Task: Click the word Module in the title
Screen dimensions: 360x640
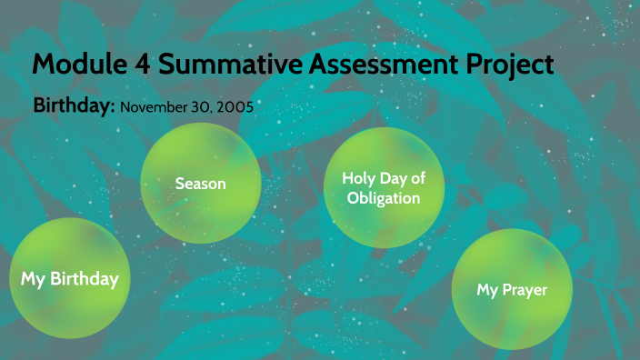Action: coord(76,65)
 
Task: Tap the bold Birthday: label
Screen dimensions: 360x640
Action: coord(74,105)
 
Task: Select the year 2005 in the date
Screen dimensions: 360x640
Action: coord(235,106)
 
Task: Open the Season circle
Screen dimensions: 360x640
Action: coord(201,184)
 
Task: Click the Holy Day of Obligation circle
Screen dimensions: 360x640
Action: coord(384,188)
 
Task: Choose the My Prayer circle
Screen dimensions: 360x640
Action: coord(512,289)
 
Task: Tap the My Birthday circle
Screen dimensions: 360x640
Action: coord(70,278)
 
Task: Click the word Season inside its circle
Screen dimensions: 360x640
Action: coord(201,184)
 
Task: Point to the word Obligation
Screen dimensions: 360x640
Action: coord(384,198)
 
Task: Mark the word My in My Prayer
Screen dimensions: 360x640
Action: coord(488,290)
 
